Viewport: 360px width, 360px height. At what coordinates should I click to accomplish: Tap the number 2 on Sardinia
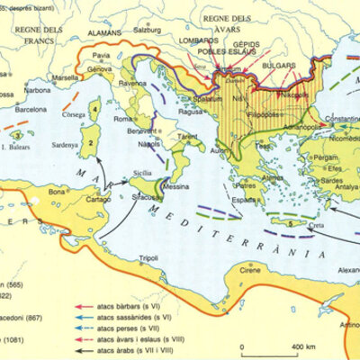[x=91, y=141]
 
